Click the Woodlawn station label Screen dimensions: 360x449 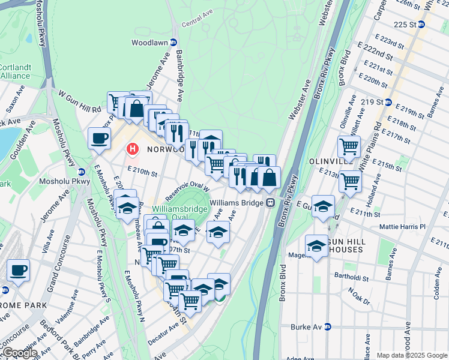150,43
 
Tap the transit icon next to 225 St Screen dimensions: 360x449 421,25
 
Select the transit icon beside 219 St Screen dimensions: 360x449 388,101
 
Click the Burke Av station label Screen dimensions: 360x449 311,327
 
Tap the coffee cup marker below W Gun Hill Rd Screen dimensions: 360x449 100,139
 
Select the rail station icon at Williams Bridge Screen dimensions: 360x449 271,203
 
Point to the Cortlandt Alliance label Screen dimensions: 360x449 15,71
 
